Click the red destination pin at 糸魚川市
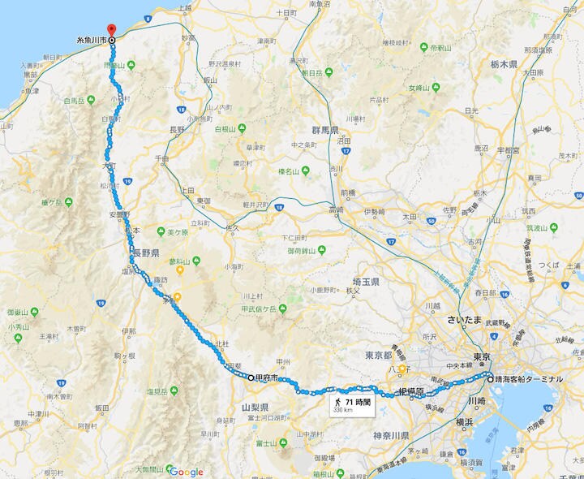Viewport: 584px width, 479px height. point(111,31)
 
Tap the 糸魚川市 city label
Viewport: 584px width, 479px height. point(91,39)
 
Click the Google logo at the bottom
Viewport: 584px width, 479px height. point(186,472)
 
